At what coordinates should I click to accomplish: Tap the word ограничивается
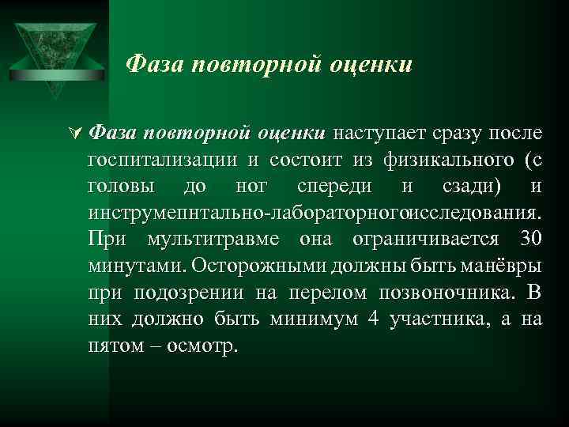coord(427,240)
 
